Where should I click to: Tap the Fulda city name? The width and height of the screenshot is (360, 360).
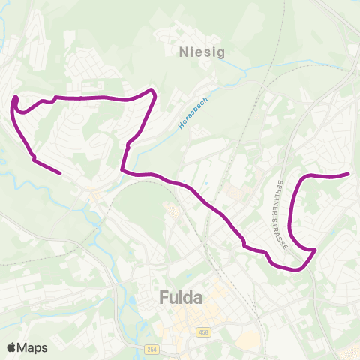tap(181, 298)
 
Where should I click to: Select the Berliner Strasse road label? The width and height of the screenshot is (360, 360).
tap(282, 206)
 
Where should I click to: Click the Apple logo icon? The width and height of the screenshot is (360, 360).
tap(11, 347)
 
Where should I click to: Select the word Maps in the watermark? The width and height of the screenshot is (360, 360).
tap(32, 347)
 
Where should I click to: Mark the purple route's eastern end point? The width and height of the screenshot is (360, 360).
tap(349, 174)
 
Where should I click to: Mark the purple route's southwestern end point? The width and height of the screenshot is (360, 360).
tap(60, 173)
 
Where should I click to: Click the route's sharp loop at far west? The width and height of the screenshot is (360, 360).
tap(15, 100)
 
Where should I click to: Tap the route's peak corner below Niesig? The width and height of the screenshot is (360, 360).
tap(153, 91)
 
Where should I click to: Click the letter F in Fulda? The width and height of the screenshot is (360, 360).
tap(164, 298)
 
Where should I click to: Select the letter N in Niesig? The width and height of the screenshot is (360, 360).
tap(184, 52)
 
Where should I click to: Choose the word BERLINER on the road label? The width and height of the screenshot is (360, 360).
tap(279, 196)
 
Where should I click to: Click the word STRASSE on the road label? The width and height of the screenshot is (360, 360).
tap(286, 219)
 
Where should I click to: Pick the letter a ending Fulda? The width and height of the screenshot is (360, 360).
tap(197, 298)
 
